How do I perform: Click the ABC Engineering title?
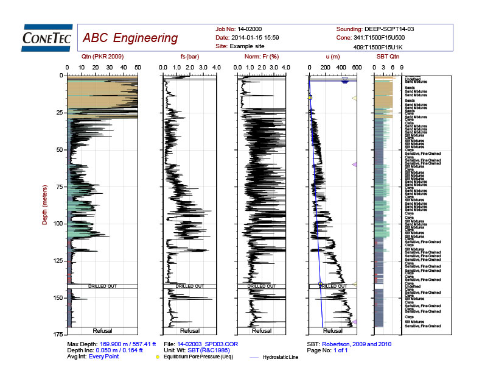[130, 38]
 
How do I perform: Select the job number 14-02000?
[249, 29]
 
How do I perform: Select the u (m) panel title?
[332, 56]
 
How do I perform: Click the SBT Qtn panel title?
[387, 56]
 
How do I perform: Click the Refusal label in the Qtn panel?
[102, 331]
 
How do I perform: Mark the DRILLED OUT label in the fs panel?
[189, 285]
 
